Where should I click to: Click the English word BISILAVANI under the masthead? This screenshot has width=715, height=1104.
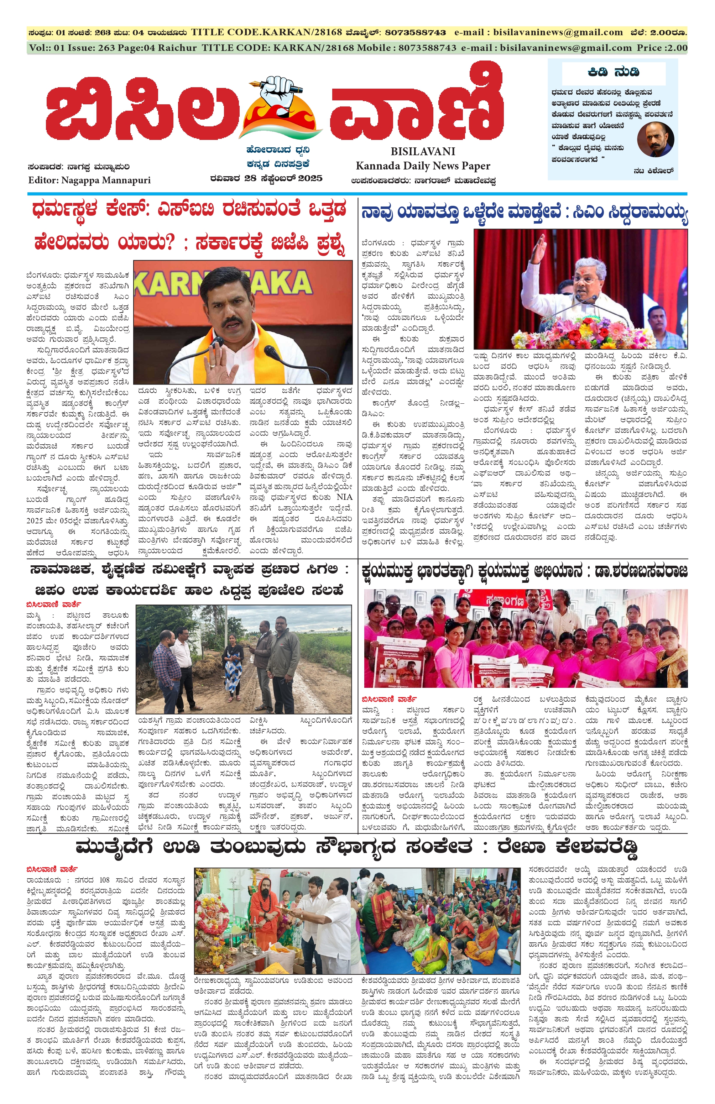tap(422, 151)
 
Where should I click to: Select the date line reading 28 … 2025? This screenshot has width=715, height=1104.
tap(265, 178)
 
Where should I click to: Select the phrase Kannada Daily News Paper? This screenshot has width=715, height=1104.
tap(422, 166)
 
